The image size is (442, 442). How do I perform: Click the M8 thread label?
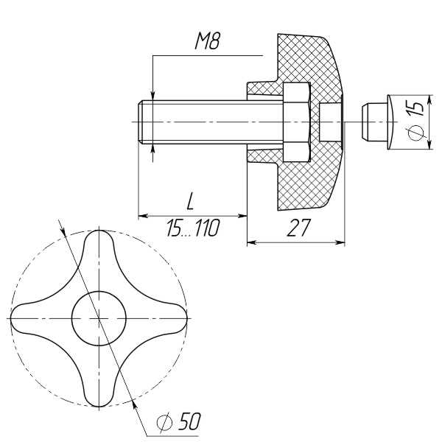(207, 41)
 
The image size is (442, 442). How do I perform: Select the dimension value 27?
(299, 228)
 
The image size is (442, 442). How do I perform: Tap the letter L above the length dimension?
(191, 201)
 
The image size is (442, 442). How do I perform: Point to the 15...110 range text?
(192, 228)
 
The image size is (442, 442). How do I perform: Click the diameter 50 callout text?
(179, 422)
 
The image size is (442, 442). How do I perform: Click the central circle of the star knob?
(99, 318)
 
